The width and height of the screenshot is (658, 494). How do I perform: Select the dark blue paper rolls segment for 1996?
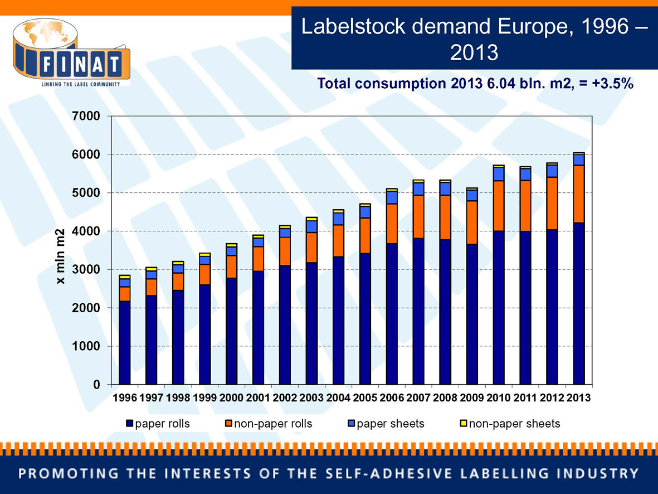pos(124,342)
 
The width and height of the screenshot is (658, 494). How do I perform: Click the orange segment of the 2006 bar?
pos(392,224)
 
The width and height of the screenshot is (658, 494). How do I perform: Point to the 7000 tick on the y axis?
pos(90,117)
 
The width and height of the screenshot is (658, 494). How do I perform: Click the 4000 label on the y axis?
pos(90,231)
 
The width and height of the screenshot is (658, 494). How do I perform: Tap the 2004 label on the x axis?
pos(339,399)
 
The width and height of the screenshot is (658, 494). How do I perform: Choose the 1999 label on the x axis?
pos(204,399)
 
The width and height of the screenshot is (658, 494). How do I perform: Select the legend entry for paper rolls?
pos(159,424)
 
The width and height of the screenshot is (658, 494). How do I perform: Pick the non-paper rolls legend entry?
pos(268,424)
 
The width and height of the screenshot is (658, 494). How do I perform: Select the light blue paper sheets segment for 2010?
pos(499,174)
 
